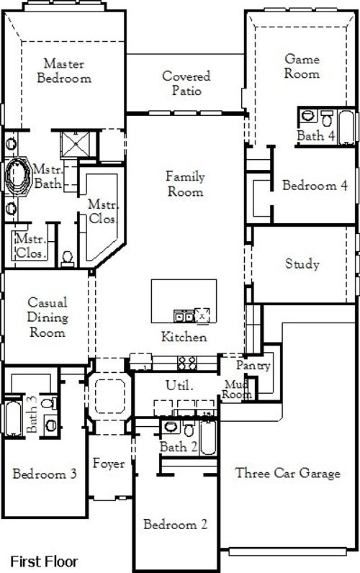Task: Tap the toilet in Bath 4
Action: [x=326, y=117]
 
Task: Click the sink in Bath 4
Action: [x=307, y=115]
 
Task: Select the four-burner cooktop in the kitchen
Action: [x=187, y=362]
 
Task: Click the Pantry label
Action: [x=253, y=366]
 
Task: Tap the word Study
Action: [x=302, y=264]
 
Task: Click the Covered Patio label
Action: [x=186, y=84]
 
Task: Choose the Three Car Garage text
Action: [x=287, y=473]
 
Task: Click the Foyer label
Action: [x=108, y=464]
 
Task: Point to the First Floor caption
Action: [x=43, y=560]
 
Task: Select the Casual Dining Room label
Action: [x=48, y=317]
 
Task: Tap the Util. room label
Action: [x=179, y=386]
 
